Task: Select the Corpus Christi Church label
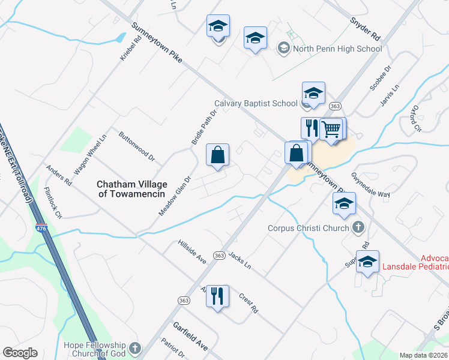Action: tap(308, 228)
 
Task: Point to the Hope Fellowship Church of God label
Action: tap(96, 349)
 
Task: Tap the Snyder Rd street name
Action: tap(366, 27)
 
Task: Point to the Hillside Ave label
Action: tap(192, 252)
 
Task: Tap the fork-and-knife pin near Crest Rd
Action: tap(218, 296)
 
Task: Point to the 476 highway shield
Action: tap(41, 229)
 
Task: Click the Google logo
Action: tap(20, 353)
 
